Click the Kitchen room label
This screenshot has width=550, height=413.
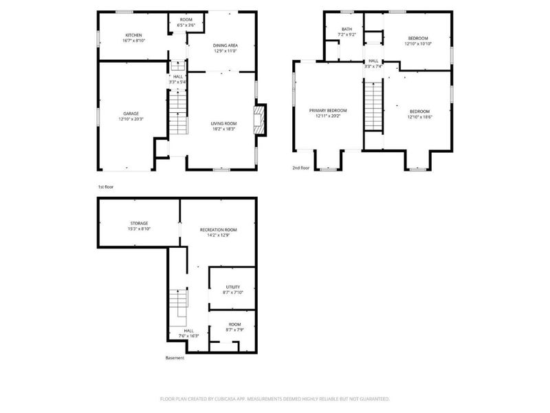pos(133,35)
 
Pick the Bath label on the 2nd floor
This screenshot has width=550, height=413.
pos(346,29)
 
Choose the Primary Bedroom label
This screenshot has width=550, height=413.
pos(327,110)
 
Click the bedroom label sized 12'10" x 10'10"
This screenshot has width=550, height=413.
pos(418,38)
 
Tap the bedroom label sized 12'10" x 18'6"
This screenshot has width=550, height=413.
pos(419,112)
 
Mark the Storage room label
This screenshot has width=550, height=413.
pos(140,223)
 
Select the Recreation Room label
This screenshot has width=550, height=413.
pos(219,229)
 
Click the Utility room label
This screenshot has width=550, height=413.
pos(233,286)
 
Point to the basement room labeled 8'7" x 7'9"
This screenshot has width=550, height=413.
pos(234,327)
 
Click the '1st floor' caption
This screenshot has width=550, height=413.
pos(105,186)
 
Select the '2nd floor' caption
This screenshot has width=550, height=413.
pos(301,167)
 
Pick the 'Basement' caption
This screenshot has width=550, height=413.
pos(175,357)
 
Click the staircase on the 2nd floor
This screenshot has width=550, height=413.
pos(373,104)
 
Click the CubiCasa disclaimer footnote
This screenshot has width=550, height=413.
pos(275,398)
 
